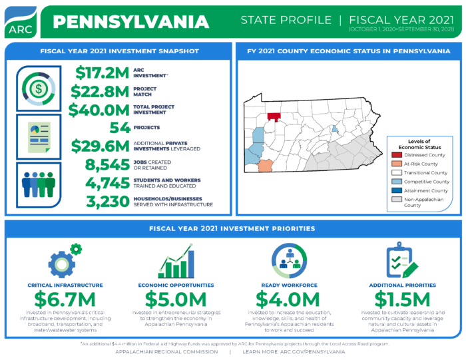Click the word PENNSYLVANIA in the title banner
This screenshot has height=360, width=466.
130,21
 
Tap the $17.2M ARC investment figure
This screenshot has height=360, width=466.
103,73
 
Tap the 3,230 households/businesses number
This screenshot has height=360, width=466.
107,201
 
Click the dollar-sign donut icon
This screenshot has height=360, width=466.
39,89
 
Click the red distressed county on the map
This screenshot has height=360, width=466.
273,116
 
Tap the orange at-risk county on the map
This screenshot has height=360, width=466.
265,164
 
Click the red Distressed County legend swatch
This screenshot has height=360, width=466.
396,155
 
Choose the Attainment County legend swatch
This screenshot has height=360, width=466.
396,190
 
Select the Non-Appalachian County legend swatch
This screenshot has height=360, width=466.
396,200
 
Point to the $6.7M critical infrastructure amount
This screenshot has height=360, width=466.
65,299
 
